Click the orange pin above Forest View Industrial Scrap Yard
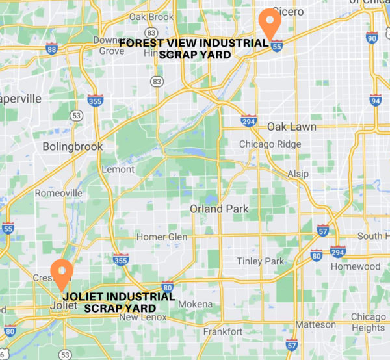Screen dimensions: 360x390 tap(269, 22)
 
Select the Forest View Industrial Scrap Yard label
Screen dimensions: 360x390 tap(194, 49)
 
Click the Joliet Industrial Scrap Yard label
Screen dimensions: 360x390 tap(120, 302)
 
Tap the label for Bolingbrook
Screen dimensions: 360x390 tap(73, 147)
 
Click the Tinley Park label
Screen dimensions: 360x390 tap(261, 261)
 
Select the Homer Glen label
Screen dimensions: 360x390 tap(161, 237)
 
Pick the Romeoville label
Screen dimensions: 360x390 tap(58, 194)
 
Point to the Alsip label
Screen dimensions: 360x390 tap(298, 175)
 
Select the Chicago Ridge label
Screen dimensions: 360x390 tap(270, 144)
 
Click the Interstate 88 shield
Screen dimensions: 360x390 tap(52, 48)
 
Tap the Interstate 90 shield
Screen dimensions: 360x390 tap(372, 38)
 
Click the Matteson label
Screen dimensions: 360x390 tap(316, 324)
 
